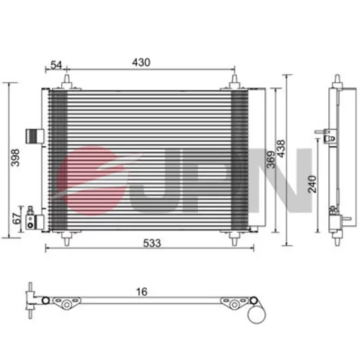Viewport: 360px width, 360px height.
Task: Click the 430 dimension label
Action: [141, 63]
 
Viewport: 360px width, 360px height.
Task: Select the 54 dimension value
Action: [56, 65]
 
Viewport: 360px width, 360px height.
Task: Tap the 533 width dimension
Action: [152, 243]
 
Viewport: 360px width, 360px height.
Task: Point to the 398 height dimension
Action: [15, 158]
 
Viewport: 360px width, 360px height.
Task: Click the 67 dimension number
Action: [17, 218]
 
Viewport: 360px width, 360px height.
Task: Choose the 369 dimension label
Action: [271, 160]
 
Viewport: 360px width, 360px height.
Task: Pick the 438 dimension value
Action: [281, 148]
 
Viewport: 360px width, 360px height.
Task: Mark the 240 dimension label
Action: [312, 184]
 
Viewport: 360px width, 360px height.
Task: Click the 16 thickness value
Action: [142, 292]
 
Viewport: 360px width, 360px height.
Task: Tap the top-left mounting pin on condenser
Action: [67, 81]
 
